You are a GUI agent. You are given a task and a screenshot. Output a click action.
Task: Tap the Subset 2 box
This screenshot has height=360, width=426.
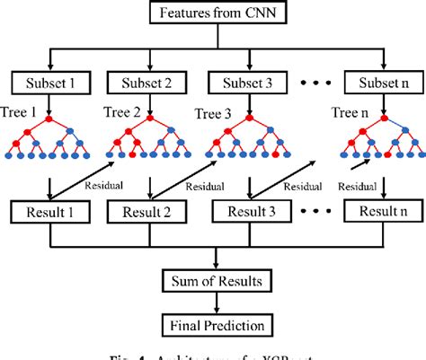tap(146, 83)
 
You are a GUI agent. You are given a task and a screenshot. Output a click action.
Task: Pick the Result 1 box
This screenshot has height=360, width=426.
tap(52, 214)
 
